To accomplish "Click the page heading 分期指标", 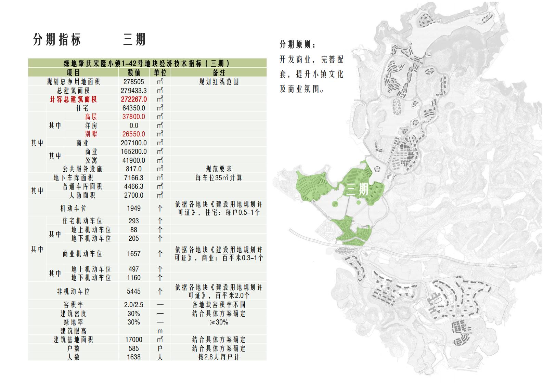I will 57,40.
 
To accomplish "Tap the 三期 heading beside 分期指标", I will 134,40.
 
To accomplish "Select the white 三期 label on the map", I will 357,189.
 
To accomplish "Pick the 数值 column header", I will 134,72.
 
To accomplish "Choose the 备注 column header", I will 219,72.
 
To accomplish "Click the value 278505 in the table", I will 134,82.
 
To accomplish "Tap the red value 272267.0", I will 134,99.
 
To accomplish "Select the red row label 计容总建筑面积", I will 73,99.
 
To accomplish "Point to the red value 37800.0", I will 134,117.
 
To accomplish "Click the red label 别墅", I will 91,134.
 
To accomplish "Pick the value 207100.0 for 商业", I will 134,143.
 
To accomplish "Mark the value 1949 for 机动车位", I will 134,208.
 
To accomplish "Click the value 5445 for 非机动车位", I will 134,291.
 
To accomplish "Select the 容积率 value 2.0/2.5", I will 134,305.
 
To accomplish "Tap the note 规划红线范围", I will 219,82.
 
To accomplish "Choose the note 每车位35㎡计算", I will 219,178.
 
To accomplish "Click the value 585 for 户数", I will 134,348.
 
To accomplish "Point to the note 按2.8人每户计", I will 219,357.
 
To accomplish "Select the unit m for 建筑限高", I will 160,331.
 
